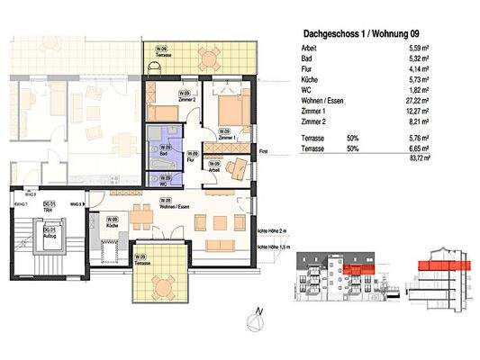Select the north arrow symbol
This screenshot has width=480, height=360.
(259, 315)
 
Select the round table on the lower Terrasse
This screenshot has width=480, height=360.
(162, 288)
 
